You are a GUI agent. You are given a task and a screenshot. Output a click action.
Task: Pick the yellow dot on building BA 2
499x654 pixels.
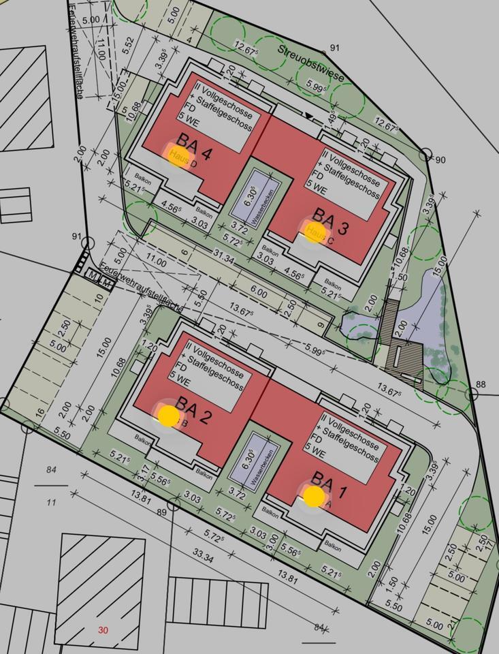pos(167,414)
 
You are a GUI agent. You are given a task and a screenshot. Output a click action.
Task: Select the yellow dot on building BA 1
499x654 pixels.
pos(313,496)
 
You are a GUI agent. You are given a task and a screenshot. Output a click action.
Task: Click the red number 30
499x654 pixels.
pos(103,630)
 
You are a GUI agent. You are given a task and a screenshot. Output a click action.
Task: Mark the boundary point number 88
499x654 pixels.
pos(481,385)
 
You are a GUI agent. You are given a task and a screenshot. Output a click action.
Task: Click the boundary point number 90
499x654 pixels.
pos(439,159)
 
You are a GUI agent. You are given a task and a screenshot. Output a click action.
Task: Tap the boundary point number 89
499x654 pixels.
pos(161,512)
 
